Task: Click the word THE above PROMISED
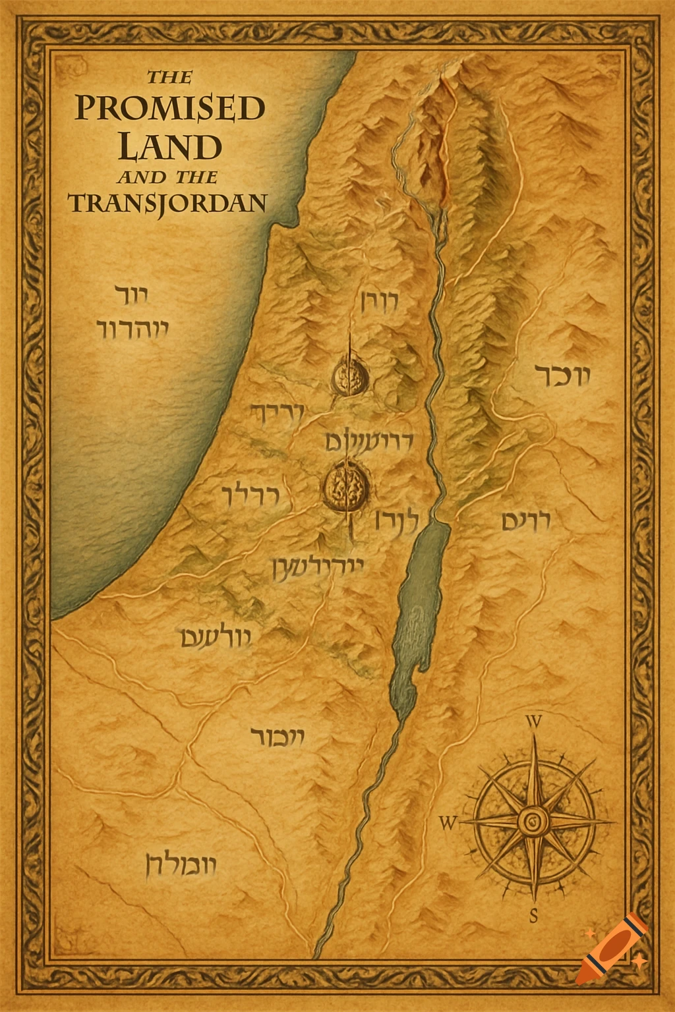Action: click(169, 77)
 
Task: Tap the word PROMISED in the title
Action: click(169, 109)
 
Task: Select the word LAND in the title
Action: click(169, 146)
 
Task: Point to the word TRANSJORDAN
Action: click(168, 203)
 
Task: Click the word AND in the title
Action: click(141, 177)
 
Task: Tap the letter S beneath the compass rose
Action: click(534, 915)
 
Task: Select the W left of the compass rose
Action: click(448, 823)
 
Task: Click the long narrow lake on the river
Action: click(415, 613)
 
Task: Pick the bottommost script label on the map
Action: click(180, 864)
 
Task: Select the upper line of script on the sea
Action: click(132, 295)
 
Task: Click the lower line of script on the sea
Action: click(132, 328)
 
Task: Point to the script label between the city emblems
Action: click(369, 440)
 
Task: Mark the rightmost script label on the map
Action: click(562, 376)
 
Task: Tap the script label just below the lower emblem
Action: click(317, 567)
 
